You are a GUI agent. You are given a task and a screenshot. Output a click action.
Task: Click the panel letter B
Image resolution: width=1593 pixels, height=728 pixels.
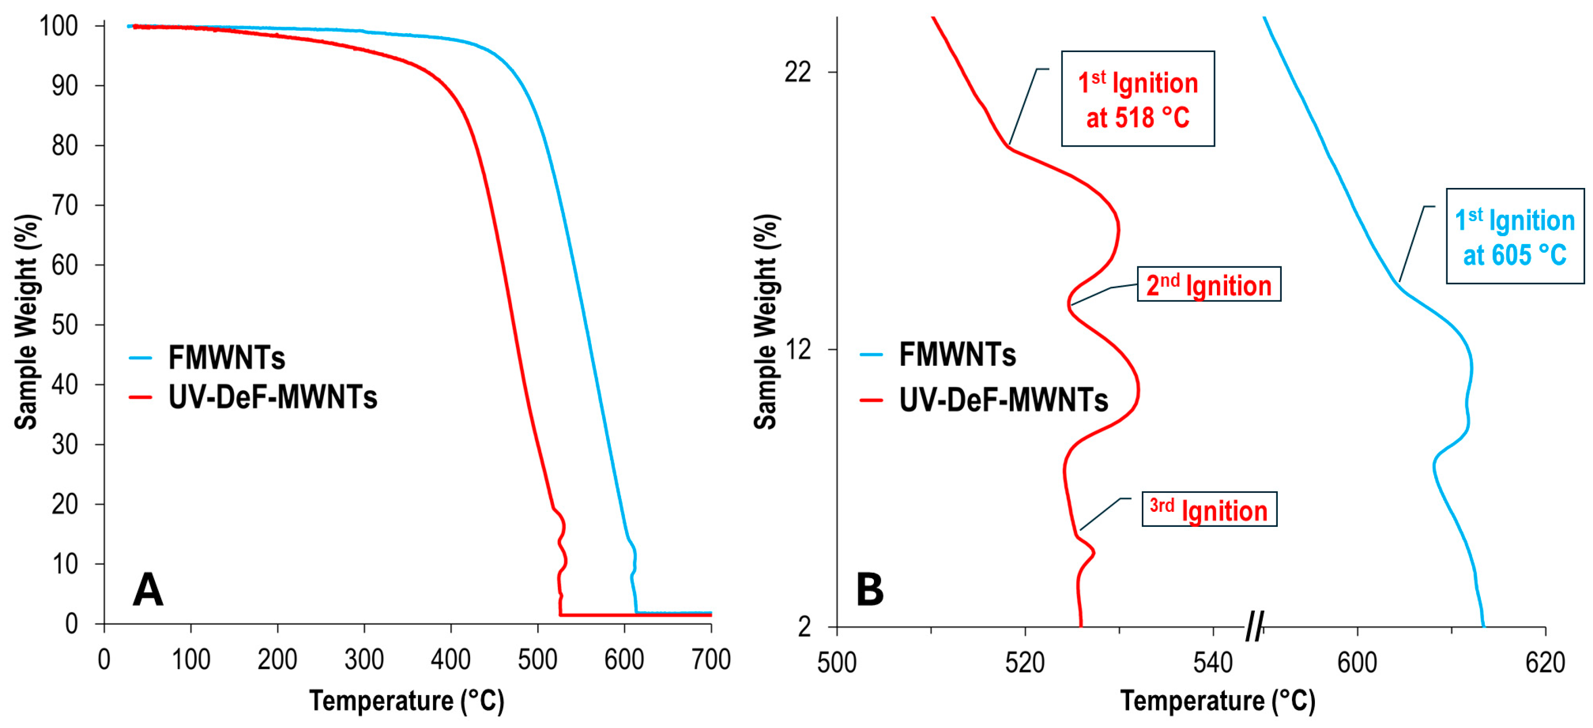pyautogui.click(x=870, y=590)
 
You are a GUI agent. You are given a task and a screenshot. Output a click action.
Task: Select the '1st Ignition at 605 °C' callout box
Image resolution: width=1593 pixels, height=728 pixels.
pyautogui.click(x=1515, y=236)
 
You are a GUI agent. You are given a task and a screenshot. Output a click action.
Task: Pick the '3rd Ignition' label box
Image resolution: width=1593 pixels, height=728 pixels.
pyautogui.click(x=1209, y=509)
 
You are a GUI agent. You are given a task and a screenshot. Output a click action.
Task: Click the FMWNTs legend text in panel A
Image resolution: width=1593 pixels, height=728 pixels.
pyautogui.click(x=227, y=357)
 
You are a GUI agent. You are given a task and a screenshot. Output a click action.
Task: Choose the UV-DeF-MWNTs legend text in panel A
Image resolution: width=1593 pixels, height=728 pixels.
pyautogui.click(x=272, y=397)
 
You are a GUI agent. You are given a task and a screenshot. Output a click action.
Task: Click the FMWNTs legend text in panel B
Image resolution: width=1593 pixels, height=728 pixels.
pyautogui.click(x=957, y=354)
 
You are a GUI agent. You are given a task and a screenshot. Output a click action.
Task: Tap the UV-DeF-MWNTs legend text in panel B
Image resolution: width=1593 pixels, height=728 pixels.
pyautogui.click(x=1003, y=400)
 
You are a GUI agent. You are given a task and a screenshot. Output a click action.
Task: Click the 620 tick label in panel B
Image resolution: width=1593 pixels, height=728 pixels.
pyautogui.click(x=1545, y=662)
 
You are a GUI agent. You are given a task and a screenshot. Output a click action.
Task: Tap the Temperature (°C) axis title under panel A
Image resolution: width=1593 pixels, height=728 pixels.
pyautogui.click(x=406, y=701)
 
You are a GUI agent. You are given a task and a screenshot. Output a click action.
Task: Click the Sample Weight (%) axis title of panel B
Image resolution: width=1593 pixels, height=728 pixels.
pyautogui.click(x=766, y=321)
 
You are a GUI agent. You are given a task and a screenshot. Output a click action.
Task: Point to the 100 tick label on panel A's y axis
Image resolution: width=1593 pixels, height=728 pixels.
pyautogui.click(x=59, y=25)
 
